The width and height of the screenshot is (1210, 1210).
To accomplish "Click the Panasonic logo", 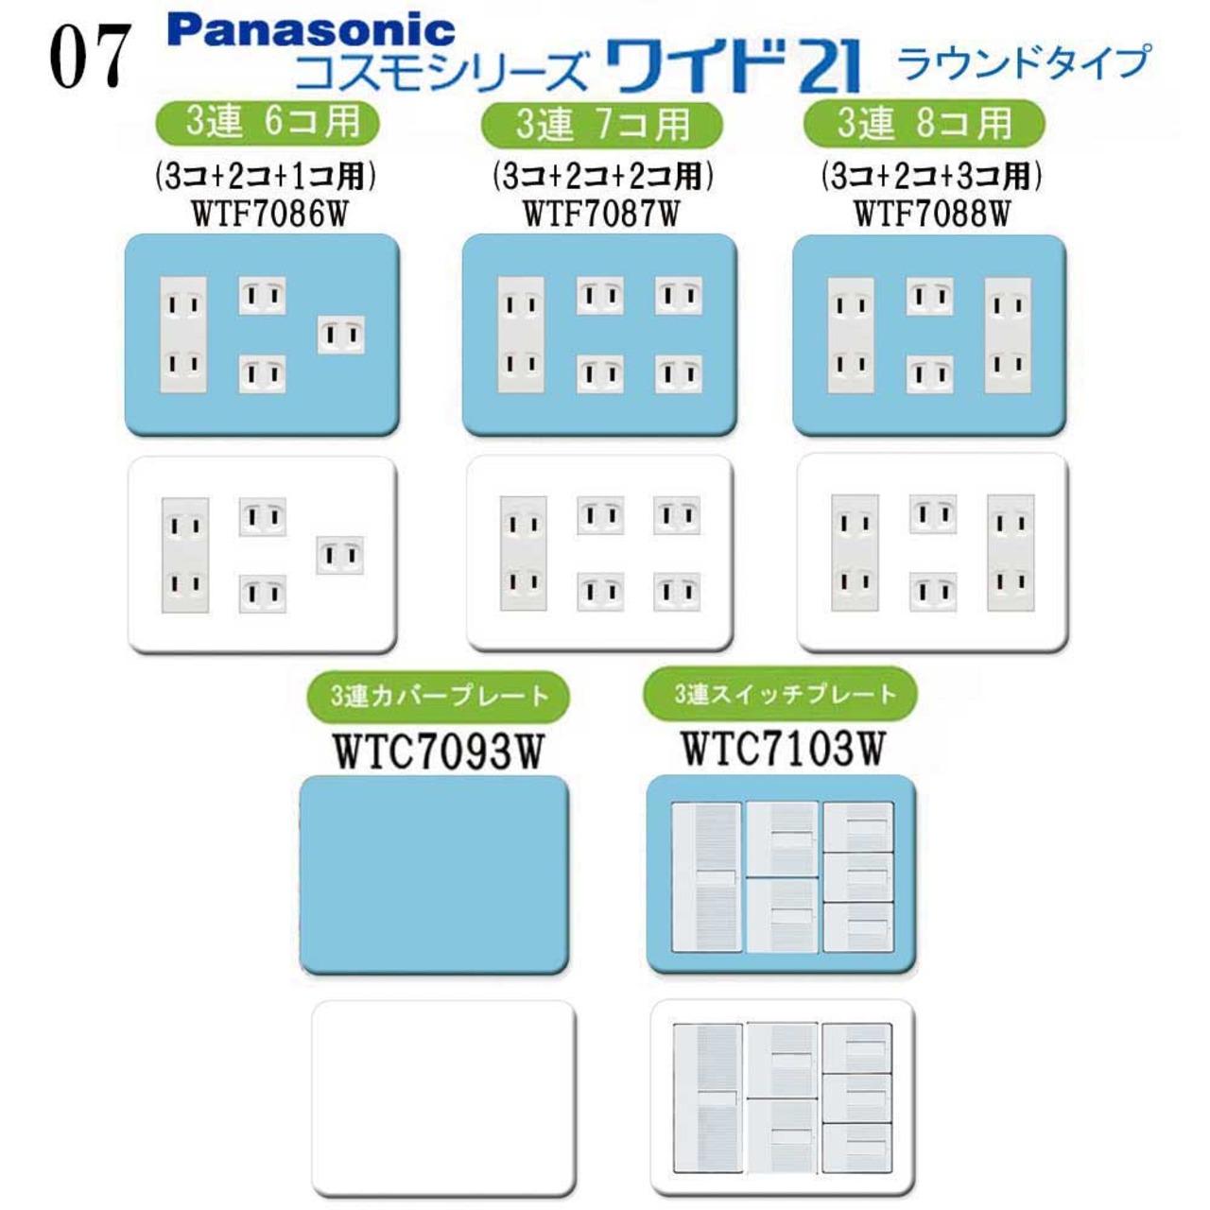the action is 311,30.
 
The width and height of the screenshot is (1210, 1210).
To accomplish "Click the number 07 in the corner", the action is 91,57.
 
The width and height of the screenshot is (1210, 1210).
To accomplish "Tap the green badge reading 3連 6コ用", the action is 268,123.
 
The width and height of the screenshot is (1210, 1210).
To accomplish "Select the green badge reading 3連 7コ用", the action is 602,125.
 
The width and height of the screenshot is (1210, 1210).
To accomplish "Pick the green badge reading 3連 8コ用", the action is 925,123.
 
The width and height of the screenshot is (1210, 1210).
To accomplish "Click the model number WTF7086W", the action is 270,215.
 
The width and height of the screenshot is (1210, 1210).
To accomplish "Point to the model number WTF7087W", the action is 601,215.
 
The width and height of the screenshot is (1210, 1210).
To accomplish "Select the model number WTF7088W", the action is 932,215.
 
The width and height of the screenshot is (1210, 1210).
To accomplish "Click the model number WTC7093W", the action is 439,751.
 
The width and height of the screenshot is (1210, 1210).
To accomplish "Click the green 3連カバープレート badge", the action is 439,696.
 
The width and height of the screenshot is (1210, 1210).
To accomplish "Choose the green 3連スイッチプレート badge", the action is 781,693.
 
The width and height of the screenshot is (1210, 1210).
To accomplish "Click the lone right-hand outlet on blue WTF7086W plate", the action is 341,335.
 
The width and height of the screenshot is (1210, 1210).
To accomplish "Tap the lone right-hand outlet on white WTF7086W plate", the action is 339,555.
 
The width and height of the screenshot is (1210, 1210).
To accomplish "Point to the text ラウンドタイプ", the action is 1024,62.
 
